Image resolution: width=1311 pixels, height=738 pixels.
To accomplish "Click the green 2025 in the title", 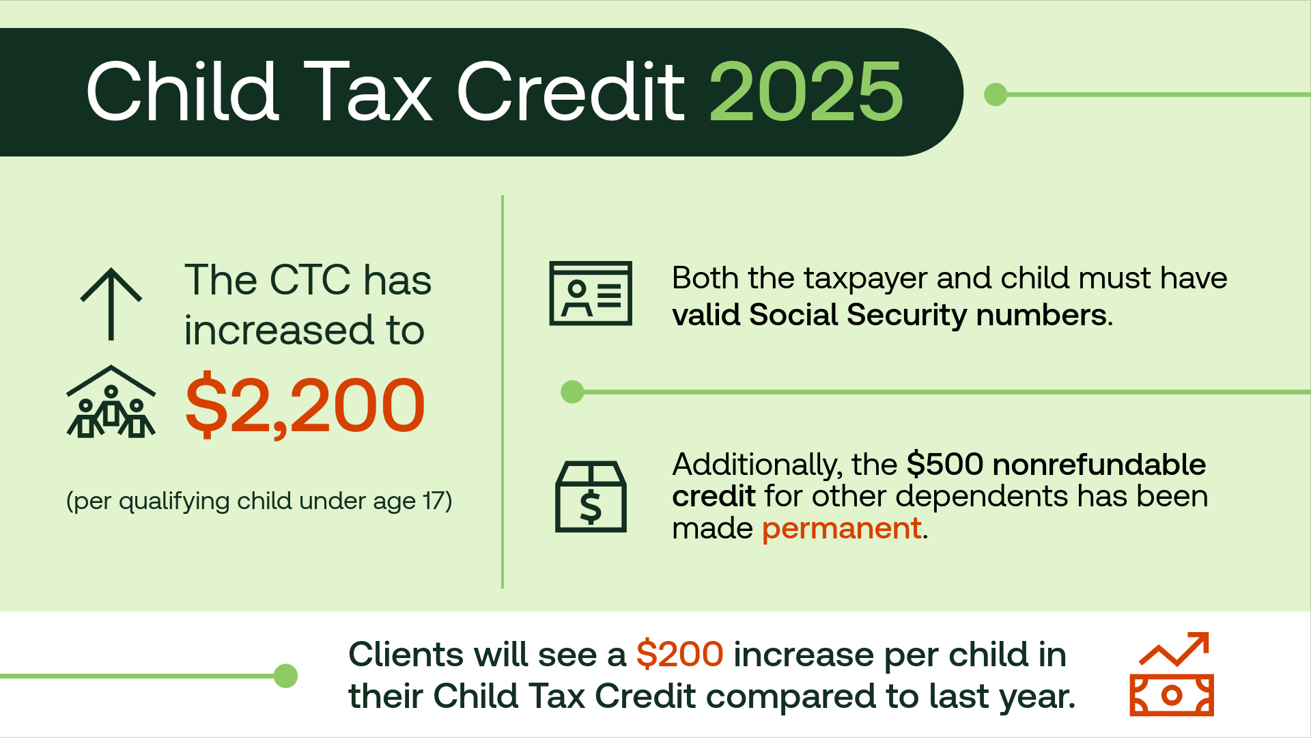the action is [806, 92].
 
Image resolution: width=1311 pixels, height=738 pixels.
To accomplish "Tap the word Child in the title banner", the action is [182, 92].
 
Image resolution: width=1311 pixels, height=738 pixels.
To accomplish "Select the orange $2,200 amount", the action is [305, 405].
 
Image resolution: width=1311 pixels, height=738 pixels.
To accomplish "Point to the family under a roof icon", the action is [111, 402].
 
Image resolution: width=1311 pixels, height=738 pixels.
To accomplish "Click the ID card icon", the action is [591, 293].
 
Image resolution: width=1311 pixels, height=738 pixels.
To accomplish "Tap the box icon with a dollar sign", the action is [591, 496].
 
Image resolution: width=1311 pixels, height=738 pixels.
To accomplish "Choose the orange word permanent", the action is [842, 529].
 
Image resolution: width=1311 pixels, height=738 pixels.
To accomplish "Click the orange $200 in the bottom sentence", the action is [679, 654].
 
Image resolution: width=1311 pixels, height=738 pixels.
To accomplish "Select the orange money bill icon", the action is [1172, 695].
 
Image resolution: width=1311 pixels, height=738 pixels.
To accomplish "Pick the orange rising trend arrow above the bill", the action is [1174, 648].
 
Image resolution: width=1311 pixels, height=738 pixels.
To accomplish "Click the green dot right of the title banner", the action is [996, 94].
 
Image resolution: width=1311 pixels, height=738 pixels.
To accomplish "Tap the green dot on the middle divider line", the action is [572, 392].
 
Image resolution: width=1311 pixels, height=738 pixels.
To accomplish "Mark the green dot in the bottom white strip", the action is [285, 676].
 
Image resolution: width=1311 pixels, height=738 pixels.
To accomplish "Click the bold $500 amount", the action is [945, 465].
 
